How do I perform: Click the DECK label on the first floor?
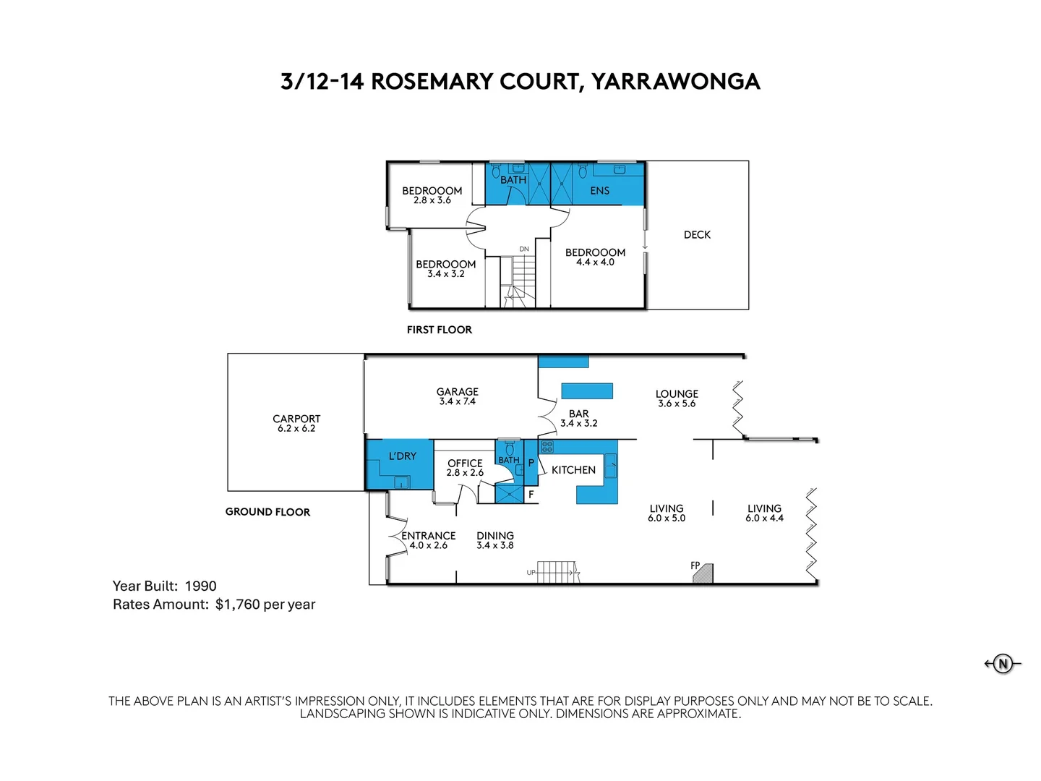[697, 235]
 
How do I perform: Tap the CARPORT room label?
[296, 419]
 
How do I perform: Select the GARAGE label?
[457, 392]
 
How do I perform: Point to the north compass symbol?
[1003, 663]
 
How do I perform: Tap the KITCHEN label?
[573, 470]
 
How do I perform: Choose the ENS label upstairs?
[599, 191]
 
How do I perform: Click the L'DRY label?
[403, 456]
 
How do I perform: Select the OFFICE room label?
[465, 463]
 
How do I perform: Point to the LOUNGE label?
[677, 394]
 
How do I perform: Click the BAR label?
[578, 414]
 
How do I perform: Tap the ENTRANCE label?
[429, 536]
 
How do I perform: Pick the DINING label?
[495, 536]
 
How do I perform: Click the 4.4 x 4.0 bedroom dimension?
[595, 263]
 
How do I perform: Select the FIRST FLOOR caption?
[440, 330]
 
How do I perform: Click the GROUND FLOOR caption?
[267, 512]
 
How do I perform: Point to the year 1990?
[201, 586]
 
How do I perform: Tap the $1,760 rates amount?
[237, 605]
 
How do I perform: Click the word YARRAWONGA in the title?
[676, 82]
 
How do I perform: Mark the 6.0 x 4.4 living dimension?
[764, 518]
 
